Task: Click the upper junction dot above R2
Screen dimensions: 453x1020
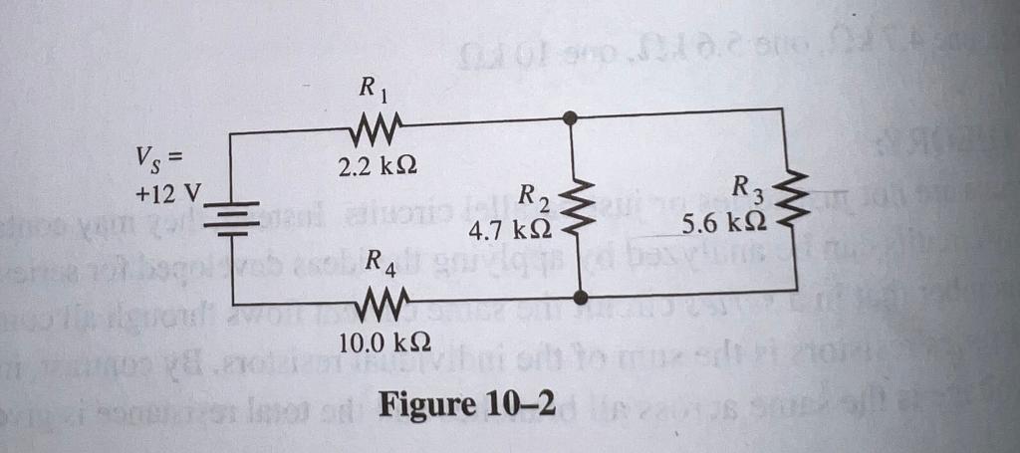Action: (569, 117)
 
